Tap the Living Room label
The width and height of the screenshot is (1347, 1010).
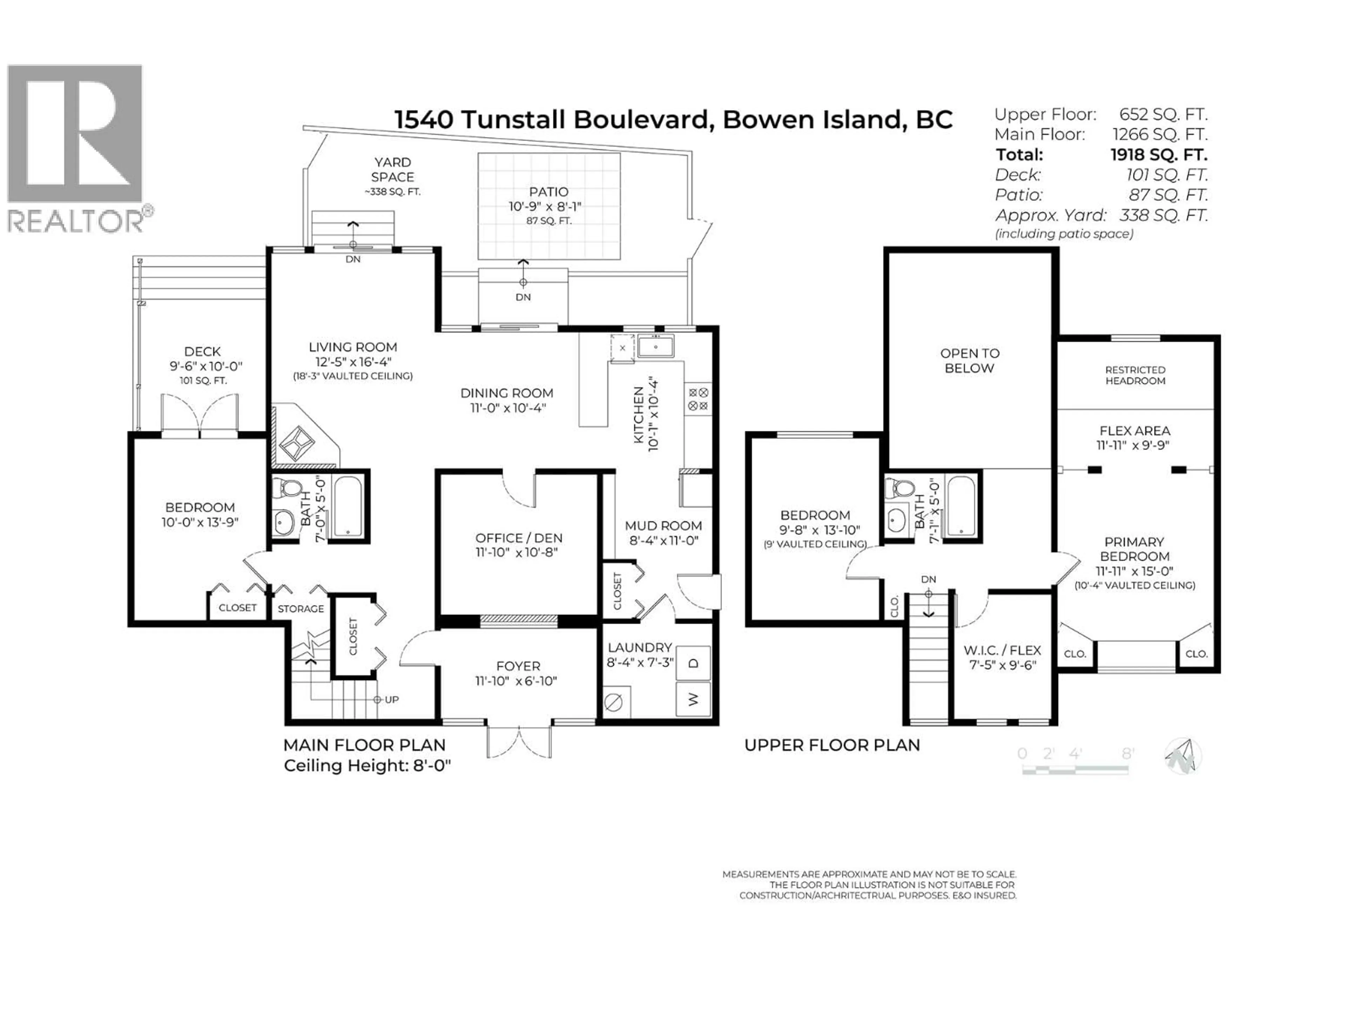(353, 347)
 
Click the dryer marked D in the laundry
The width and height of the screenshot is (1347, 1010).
(693, 663)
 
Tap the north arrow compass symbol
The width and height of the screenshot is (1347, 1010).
(1182, 757)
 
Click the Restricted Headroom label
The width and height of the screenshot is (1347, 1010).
(1135, 375)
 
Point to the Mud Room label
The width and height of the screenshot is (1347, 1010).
(663, 525)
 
